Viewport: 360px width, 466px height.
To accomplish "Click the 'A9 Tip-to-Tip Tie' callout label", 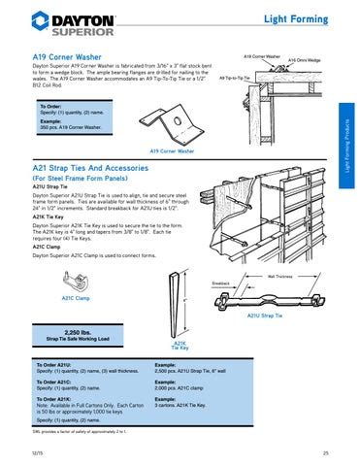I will point(236,77).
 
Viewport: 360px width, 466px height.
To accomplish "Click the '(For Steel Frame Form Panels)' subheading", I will point(84,180).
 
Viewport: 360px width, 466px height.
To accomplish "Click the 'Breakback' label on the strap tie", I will point(221,283).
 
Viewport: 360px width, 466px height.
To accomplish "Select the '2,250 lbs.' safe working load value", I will point(78,331).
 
